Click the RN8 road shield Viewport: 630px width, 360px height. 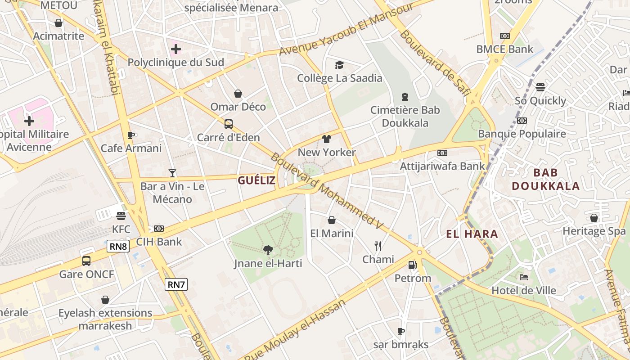[x=118, y=246]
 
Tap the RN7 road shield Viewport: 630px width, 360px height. [x=176, y=284]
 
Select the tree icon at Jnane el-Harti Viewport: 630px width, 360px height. [x=268, y=250]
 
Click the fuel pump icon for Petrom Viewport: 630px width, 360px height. [x=412, y=265]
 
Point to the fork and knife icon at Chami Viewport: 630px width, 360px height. [x=378, y=246]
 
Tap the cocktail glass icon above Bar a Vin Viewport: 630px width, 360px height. [x=172, y=172]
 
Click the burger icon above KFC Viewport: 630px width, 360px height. [x=121, y=216]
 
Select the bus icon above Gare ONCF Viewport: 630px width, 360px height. [x=86, y=261]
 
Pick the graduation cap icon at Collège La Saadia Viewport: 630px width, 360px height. [x=339, y=65]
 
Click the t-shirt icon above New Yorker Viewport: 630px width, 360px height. [x=327, y=139]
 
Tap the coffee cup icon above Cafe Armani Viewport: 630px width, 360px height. [x=131, y=135]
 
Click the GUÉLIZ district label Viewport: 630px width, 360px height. [x=256, y=181]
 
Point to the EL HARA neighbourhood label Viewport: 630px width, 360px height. [x=472, y=234]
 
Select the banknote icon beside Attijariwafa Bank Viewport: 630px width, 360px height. [x=442, y=153]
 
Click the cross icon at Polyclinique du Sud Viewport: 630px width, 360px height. [x=176, y=49]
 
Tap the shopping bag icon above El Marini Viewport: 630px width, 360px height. [x=332, y=220]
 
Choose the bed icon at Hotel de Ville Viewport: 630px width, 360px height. [x=523, y=277]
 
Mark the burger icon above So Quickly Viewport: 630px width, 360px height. [x=540, y=87]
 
